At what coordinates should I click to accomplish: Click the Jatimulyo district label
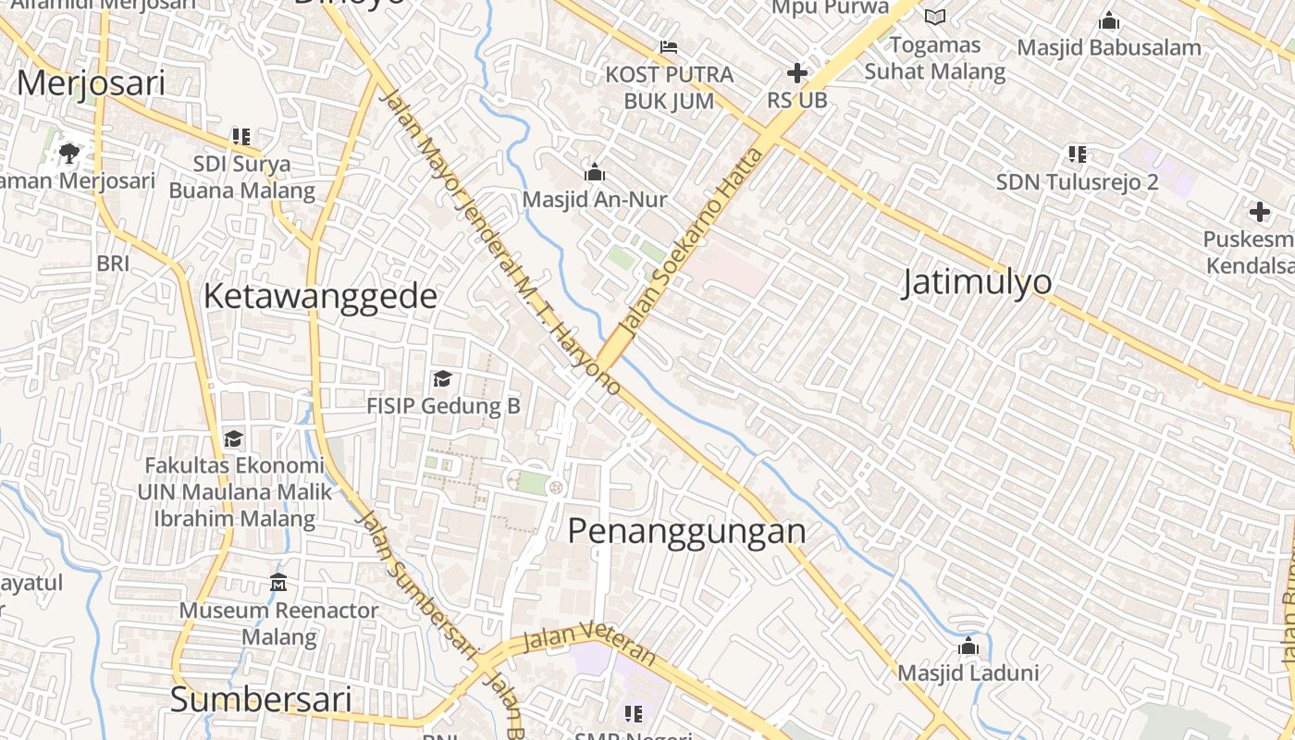click(977, 281)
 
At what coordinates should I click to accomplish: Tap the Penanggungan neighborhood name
click(686, 531)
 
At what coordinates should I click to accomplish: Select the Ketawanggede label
click(320, 296)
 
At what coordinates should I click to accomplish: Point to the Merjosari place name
click(91, 83)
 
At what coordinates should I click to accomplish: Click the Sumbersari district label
click(261, 699)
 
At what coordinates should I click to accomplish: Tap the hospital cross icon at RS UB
click(796, 73)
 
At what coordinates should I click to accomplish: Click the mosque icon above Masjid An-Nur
click(594, 172)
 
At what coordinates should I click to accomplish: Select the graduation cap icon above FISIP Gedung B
click(442, 379)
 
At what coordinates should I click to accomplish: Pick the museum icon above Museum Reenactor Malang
click(278, 583)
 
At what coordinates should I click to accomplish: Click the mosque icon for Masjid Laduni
click(968, 646)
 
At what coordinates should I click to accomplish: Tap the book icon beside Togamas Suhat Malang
click(935, 17)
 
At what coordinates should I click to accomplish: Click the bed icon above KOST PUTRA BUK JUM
click(669, 46)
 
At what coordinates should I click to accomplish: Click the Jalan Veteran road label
click(588, 644)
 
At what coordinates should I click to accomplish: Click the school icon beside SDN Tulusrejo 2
click(1077, 154)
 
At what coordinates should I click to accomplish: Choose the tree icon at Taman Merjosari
click(69, 152)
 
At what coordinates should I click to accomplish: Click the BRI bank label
click(113, 264)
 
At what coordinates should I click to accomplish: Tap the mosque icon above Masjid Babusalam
click(1108, 20)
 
